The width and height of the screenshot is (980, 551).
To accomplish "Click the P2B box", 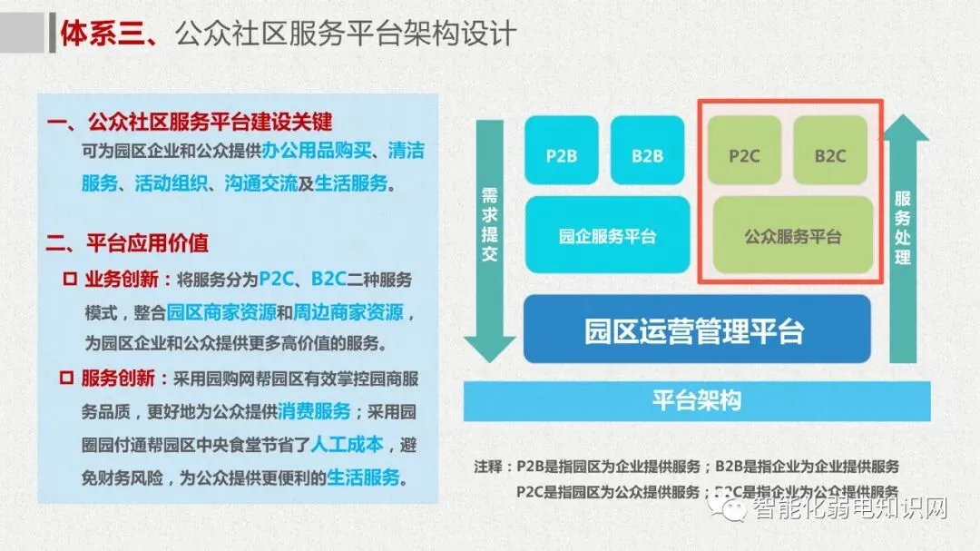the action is click(562, 153).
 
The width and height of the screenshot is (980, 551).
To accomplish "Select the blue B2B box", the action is click(647, 153).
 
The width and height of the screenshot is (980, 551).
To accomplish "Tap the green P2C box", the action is click(744, 153).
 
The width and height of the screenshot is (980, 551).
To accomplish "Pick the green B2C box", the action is click(829, 153).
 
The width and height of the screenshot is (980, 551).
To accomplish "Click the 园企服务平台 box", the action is click(607, 235).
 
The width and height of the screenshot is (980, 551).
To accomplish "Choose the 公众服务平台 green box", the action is click(792, 235).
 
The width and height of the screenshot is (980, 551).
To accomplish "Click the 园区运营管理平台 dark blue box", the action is click(697, 329).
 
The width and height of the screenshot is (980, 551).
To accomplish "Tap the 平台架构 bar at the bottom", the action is click(697, 400).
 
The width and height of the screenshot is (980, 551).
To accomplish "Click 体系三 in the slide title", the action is click(94, 34).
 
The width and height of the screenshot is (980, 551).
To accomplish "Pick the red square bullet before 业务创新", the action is click(69, 279).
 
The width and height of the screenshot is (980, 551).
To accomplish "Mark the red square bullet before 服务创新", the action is click(69, 378).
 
